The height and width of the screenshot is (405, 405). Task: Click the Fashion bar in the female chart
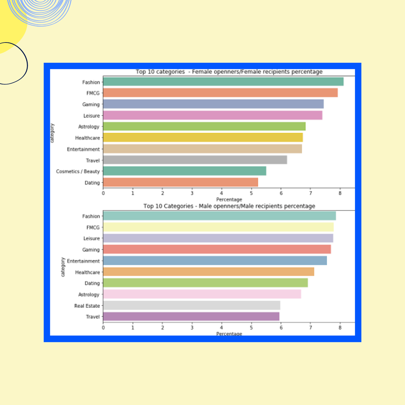tap(223, 82)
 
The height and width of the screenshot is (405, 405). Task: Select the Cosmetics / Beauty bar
tap(185, 171)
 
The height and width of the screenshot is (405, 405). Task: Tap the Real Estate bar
tap(191, 305)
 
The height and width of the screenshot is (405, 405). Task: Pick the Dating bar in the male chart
tap(205, 283)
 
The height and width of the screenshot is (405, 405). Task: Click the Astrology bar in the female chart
tap(204, 127)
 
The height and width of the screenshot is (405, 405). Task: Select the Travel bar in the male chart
tap(191, 317)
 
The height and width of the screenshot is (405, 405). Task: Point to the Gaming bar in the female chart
tap(213, 104)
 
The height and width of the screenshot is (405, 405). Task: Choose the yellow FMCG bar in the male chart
tap(218, 227)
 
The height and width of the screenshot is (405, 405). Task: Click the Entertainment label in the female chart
tap(83, 149)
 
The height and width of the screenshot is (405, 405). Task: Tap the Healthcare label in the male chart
tap(87, 272)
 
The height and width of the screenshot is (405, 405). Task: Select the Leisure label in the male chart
tap(91, 238)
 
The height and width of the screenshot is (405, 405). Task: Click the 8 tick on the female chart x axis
tap(340, 193)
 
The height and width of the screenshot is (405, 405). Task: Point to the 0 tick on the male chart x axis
tap(103, 327)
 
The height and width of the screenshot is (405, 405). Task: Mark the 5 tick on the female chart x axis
tap(251, 193)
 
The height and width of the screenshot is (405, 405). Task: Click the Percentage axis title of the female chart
tap(229, 199)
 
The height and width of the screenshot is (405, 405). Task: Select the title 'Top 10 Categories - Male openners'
tap(229, 206)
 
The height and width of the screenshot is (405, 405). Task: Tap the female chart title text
tap(229, 72)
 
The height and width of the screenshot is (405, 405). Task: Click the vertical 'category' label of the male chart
tap(62, 267)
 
